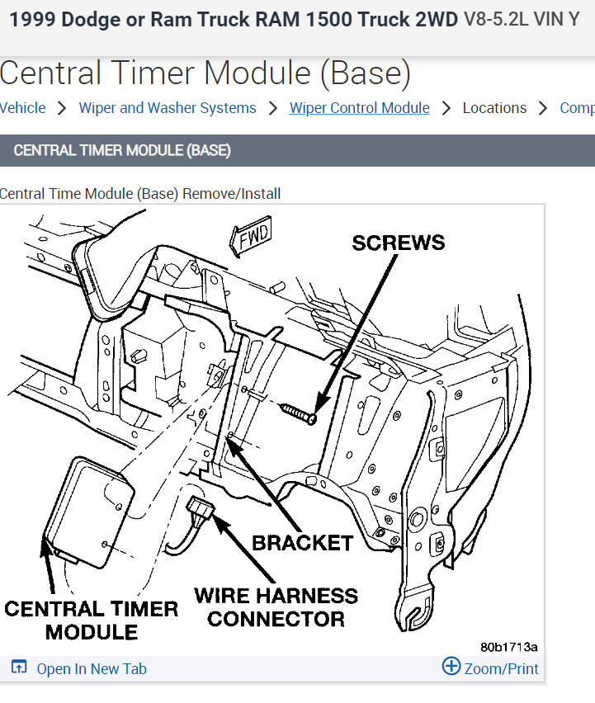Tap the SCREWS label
[398, 243]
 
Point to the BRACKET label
[302, 543]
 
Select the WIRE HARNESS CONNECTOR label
[276, 606]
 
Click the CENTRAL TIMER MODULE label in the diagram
[91, 620]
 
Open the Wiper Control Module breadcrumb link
[359, 108]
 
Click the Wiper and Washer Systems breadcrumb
[168, 108]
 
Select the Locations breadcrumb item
[494, 108]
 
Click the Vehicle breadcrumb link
[22, 108]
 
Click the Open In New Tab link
[92, 668]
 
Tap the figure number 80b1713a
[508, 647]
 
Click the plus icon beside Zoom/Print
[451, 666]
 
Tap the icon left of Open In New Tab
[19, 668]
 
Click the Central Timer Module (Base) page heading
[205, 74]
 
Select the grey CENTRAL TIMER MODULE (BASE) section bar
[297, 151]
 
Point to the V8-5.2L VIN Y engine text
[522, 19]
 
